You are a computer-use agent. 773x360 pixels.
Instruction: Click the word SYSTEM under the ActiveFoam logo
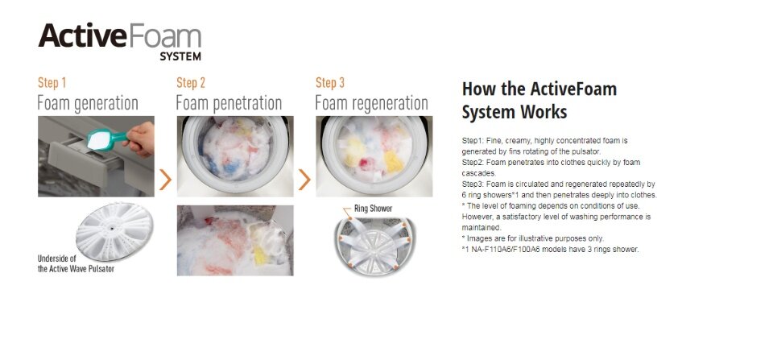180,56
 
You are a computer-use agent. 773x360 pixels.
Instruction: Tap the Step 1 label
52,83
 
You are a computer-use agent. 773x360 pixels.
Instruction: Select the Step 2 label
191,83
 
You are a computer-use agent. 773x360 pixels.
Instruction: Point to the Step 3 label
330,83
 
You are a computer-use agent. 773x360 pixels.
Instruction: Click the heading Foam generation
88,104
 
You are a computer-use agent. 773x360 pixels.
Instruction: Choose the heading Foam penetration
229,104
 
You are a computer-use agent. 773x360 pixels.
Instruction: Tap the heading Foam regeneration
371,104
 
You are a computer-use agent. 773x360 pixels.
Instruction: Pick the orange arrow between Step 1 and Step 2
165,180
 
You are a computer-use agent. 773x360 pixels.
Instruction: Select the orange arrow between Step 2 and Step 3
304,180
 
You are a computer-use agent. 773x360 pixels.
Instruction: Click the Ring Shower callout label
373,209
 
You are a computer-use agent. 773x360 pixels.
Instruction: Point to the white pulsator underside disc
114,231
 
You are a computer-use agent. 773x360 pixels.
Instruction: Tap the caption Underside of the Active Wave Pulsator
76,264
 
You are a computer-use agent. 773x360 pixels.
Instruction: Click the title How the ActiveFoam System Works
539,101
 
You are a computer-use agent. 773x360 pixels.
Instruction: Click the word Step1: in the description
473,141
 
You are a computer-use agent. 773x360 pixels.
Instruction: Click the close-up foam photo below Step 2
235,240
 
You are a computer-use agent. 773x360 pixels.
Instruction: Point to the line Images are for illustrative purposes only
533,238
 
